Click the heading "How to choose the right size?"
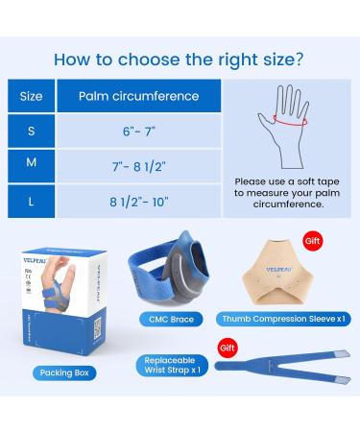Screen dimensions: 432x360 (180, 58)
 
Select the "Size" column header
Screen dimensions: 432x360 (31, 96)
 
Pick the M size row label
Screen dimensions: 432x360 (31, 164)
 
